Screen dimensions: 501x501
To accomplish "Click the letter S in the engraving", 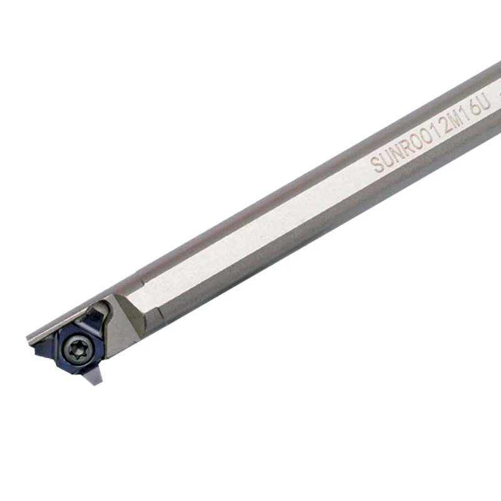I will tap(377, 165).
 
